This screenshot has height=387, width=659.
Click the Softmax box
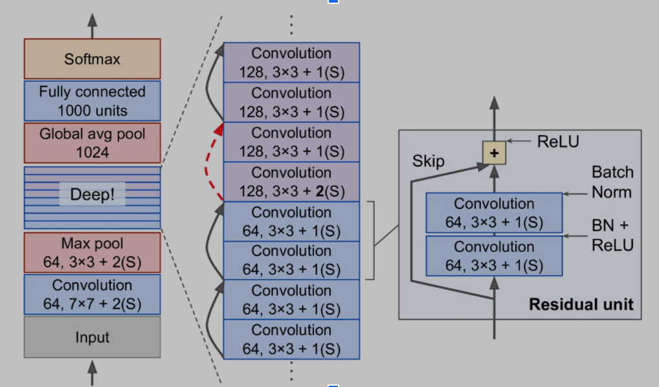pos(92,59)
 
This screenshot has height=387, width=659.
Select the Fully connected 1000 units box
pos(92,100)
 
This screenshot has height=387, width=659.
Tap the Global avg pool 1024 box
pos(92,142)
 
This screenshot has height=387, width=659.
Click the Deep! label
pos(92,194)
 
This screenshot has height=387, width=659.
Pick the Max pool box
pos(92,253)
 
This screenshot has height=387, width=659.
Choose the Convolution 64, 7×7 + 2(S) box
pos(92,294)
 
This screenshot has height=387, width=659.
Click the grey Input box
pos(92,337)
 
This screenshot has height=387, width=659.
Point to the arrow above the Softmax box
pos(92,25)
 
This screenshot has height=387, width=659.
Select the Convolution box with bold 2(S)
pos(291,182)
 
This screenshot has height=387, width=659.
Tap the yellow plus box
pos(494,153)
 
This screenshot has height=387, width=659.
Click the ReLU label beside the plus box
pos(558,141)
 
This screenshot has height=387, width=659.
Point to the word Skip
pos(429,160)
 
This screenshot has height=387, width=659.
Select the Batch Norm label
pos(612,182)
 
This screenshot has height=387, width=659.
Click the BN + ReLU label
pos(612,235)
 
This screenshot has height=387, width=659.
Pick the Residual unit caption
pos(581,304)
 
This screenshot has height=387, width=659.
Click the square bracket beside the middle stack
pos(372,241)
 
